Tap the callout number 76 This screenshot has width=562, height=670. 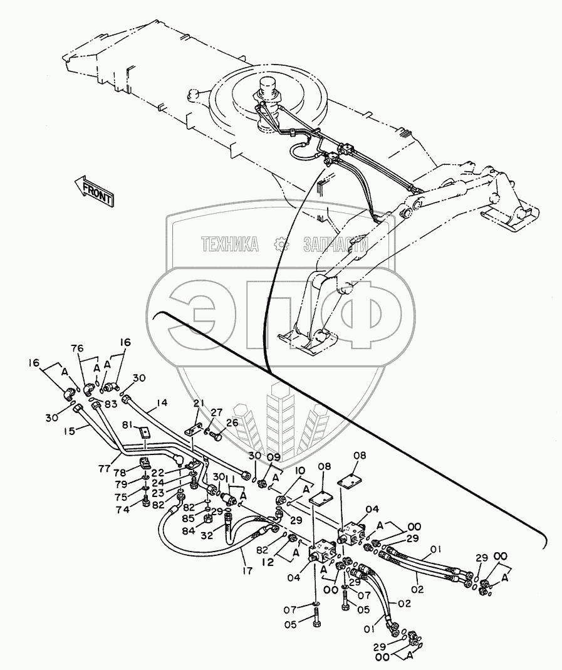76,349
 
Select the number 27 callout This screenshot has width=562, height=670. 216,412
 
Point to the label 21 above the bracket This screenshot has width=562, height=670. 199,403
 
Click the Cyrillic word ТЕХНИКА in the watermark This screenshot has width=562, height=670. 230,244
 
